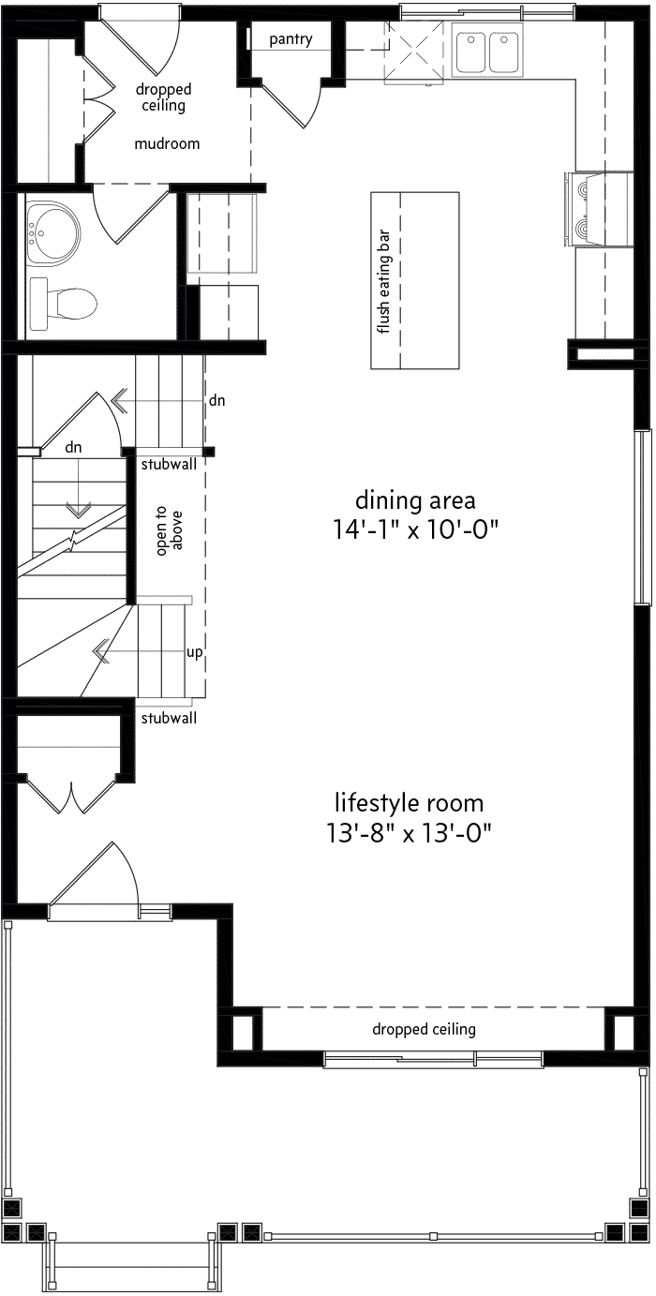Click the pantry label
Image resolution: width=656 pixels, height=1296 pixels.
(291, 40)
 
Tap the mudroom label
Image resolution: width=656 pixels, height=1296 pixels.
(167, 143)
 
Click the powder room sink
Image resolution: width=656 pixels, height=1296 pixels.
(52, 233)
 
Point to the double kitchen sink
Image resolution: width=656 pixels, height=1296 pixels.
(487, 51)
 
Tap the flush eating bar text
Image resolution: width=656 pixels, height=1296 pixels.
(383, 282)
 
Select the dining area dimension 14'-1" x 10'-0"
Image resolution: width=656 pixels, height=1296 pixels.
(415, 529)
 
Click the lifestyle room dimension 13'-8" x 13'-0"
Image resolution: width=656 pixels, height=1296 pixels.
(409, 834)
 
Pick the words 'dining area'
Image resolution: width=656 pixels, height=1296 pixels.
(415, 499)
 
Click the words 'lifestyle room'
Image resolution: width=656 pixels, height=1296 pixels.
(409, 803)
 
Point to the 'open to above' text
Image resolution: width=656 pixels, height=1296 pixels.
(169, 530)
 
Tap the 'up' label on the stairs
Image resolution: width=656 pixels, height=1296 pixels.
(194, 652)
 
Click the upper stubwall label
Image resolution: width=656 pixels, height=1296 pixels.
(169, 464)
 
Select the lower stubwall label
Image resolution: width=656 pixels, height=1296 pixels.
(169, 718)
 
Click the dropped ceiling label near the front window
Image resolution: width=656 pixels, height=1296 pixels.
(424, 1029)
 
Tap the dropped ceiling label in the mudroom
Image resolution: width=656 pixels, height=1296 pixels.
(164, 97)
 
